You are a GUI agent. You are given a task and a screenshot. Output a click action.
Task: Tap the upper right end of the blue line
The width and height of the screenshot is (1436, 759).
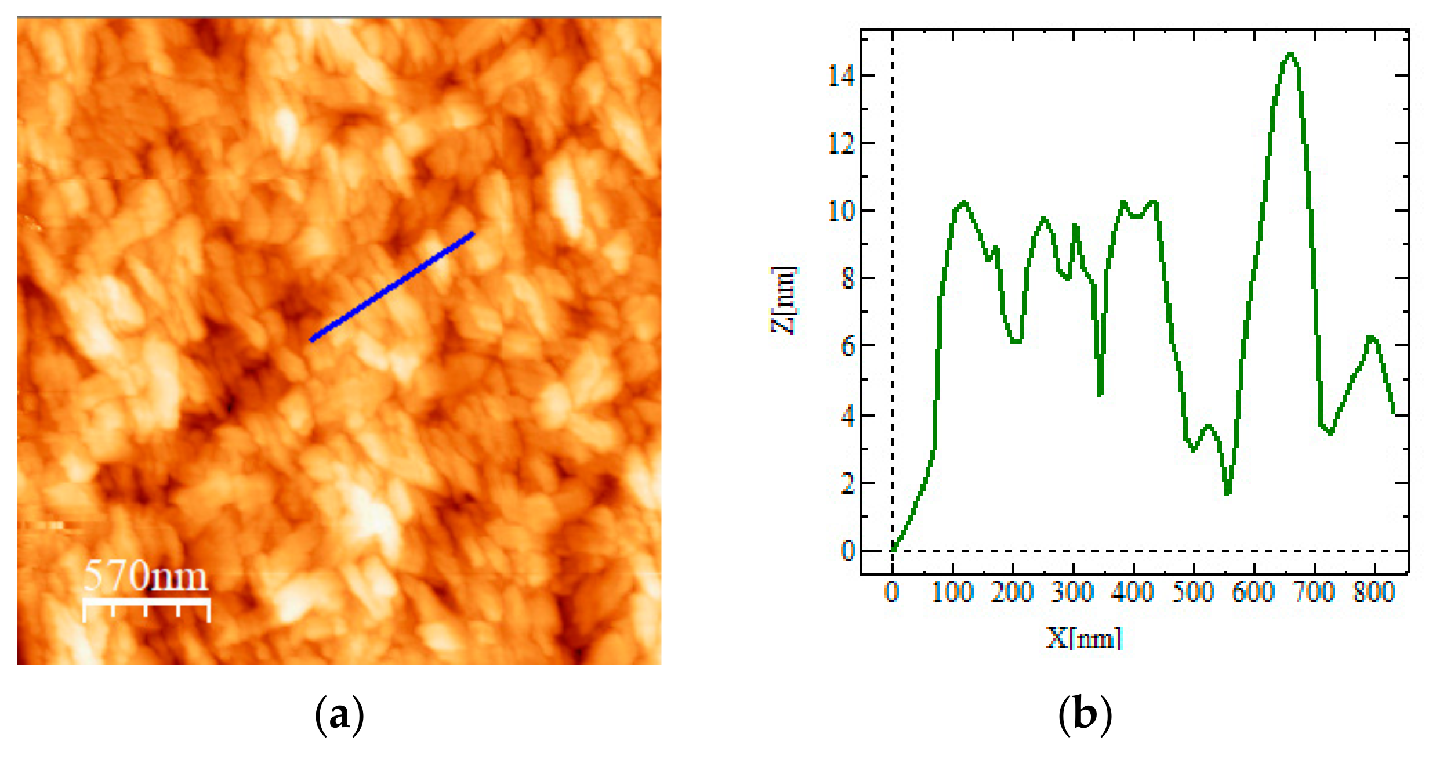click(x=473, y=234)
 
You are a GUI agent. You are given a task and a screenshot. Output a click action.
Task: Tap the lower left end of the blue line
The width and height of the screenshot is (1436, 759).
click(x=312, y=339)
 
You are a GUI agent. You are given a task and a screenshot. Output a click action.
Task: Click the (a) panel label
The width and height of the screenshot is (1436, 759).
click(x=339, y=715)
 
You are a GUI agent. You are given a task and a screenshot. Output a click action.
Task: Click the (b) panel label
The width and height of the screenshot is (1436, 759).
click(x=1085, y=715)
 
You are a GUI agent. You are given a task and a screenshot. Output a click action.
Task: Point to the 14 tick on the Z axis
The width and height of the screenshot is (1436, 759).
click(x=842, y=75)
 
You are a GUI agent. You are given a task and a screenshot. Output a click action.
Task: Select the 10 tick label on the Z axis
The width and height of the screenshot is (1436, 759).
click(x=842, y=211)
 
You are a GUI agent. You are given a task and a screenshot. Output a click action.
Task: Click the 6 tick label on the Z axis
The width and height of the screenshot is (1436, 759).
click(x=848, y=346)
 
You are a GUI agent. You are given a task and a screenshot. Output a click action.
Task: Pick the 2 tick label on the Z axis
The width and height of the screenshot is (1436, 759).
click(x=848, y=483)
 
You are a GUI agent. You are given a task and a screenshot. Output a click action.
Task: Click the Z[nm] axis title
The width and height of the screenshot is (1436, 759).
click(x=784, y=300)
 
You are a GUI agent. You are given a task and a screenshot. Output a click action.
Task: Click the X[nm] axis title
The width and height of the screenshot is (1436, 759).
click(x=1084, y=638)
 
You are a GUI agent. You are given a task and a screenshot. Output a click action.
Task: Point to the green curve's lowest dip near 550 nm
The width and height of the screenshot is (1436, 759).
click(x=1228, y=493)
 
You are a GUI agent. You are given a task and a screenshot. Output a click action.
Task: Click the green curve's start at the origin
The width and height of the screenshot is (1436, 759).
click(x=893, y=549)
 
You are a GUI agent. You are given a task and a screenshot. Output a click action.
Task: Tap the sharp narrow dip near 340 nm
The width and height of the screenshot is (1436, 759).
click(x=1100, y=395)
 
